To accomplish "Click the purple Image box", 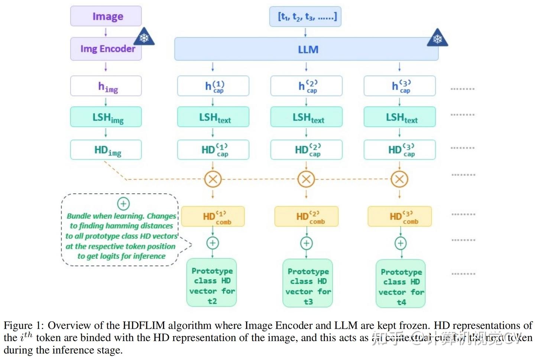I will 106,16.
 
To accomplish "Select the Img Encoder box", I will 106,49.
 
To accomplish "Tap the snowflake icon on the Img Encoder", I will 144,37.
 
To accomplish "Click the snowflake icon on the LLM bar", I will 437,38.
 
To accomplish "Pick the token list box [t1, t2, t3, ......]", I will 305,17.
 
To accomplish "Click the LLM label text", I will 308,49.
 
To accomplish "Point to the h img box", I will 106,86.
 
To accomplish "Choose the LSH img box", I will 106,117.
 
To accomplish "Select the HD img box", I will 106,150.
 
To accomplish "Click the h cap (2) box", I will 307,86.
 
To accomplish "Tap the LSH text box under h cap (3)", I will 400,117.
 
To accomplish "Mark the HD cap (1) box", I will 213,150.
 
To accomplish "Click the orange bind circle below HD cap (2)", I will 306,179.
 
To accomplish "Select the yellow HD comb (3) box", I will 400,216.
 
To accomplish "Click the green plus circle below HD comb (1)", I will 213,243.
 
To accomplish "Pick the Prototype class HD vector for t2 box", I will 212,283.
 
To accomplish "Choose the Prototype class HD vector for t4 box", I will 401,283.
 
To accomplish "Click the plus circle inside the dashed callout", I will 123,204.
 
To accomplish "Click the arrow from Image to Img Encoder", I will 106,32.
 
